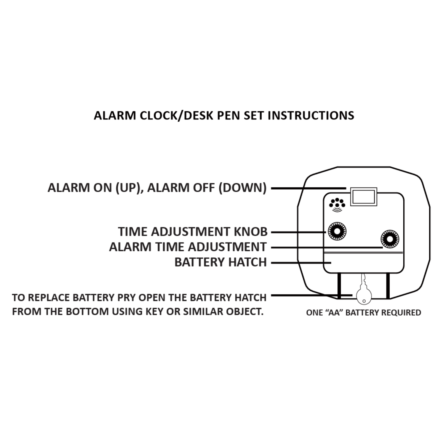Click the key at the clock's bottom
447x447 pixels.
point(364,292)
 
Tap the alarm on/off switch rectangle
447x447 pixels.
point(363,197)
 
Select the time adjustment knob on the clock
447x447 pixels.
point(337,231)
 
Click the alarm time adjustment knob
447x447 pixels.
point(390,239)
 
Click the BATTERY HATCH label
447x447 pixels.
point(220,262)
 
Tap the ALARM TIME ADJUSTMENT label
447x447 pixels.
point(188,247)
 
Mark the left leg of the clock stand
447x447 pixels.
point(339,286)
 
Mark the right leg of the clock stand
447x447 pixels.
point(388,286)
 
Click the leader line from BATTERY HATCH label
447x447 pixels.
point(301,263)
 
